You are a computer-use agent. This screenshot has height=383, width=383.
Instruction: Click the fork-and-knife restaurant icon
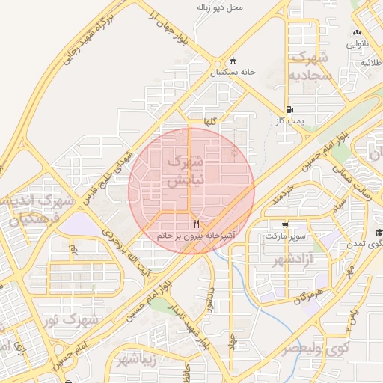click(196, 224)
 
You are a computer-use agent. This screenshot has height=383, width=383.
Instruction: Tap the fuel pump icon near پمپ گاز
click(289, 108)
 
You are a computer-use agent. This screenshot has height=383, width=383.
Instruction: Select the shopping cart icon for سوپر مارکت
click(284, 224)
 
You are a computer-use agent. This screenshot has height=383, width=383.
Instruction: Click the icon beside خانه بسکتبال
click(233, 61)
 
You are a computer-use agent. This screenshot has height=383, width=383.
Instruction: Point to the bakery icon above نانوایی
click(357, 33)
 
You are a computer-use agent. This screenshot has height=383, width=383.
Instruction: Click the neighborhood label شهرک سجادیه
click(310, 67)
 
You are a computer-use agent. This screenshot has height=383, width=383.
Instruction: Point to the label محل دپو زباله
click(221, 7)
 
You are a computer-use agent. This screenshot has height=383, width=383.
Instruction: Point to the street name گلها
click(215, 122)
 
